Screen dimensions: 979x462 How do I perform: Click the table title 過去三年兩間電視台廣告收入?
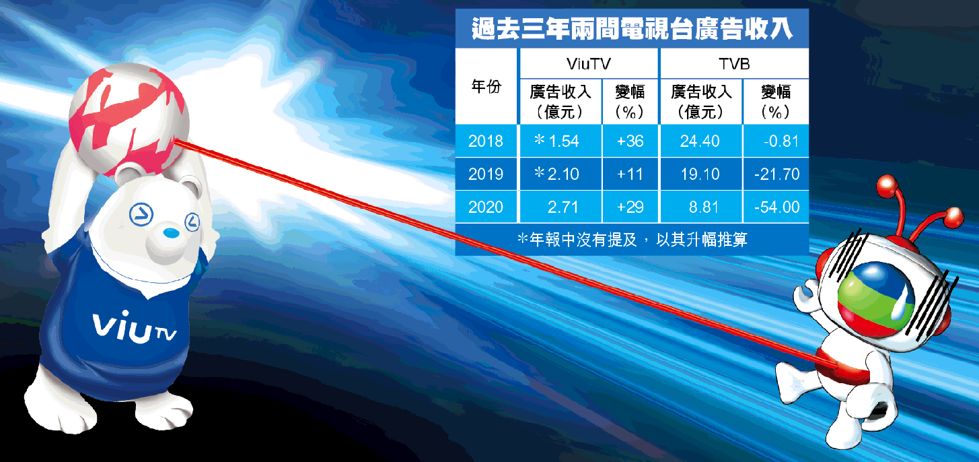[632, 29]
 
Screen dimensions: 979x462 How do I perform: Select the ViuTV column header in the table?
[588, 64]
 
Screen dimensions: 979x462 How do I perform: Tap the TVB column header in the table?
[734, 64]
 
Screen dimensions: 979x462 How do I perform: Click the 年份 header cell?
[486, 86]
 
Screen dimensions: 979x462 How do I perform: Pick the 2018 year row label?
[486, 141]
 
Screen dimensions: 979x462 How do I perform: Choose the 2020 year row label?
[486, 207]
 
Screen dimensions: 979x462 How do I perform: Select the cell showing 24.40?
[700, 141]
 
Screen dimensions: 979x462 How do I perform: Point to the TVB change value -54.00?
[776, 207]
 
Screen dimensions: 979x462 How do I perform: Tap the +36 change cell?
[630, 141]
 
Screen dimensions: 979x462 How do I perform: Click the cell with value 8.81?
[703, 207]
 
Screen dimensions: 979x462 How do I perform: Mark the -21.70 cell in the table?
[776, 174]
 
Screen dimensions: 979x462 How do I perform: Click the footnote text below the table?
[632, 239]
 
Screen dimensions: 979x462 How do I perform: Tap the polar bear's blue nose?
[171, 232]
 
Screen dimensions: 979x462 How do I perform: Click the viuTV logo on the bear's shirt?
[134, 326]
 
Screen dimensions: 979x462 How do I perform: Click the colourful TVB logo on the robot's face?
[875, 300]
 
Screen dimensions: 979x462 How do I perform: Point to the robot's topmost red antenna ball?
[887, 185]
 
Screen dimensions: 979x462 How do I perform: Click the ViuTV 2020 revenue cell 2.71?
[563, 207]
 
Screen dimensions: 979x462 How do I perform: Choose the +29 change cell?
[630, 207]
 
